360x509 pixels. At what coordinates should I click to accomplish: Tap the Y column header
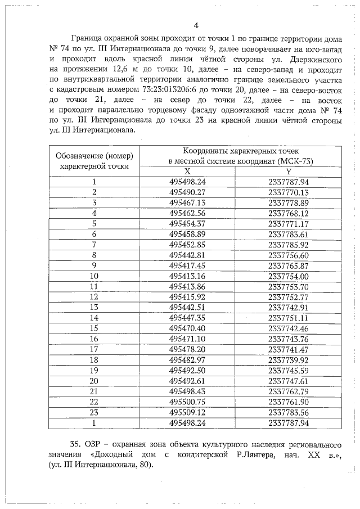coord(289,172)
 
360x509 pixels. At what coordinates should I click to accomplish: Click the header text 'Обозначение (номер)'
coord(94,156)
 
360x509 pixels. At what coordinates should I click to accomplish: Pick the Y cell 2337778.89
coord(289,202)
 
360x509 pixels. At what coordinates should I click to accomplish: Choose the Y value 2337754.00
coord(289,276)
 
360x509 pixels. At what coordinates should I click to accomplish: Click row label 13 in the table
coord(94,307)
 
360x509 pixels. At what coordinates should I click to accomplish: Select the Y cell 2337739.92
coord(289,359)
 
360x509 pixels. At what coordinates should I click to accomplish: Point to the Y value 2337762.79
coord(289,390)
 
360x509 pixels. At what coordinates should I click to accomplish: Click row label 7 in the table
coord(94,245)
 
